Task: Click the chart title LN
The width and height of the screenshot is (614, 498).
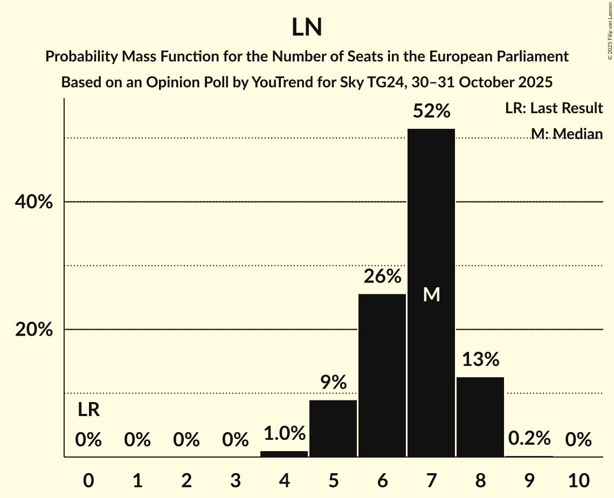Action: tap(307, 27)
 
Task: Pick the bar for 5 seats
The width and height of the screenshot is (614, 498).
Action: tap(333, 428)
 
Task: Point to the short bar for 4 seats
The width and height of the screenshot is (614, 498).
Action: tap(284, 454)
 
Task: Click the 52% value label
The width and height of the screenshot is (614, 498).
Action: tap(431, 111)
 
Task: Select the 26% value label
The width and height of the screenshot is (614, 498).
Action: tap(382, 276)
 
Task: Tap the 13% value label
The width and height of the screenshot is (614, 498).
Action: tap(480, 359)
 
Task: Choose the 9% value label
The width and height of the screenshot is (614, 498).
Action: tap(333, 383)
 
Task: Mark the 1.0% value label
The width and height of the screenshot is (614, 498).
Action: tap(284, 433)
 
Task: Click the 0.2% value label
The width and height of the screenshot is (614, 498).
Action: tap(529, 438)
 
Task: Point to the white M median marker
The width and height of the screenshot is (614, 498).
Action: tap(431, 294)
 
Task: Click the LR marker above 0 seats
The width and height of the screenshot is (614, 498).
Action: tap(88, 410)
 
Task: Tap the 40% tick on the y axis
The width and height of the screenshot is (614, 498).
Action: tap(33, 202)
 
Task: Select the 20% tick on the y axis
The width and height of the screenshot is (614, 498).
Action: tap(33, 329)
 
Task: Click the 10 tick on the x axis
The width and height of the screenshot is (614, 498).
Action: tap(578, 480)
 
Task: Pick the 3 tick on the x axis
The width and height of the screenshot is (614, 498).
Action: tap(235, 480)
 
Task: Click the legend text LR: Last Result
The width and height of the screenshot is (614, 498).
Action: tap(554, 108)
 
